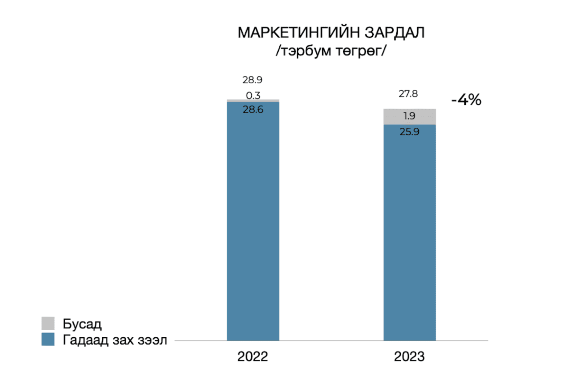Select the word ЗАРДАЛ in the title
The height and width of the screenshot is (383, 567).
(x=395, y=33)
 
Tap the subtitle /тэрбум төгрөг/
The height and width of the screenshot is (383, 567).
(x=331, y=51)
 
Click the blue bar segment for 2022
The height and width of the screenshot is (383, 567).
(x=253, y=222)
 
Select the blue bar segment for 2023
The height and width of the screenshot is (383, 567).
(x=409, y=232)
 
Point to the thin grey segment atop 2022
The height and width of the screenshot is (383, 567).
(x=253, y=101)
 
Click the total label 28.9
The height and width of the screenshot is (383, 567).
(x=252, y=80)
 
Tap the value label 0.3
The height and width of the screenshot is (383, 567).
(x=253, y=95)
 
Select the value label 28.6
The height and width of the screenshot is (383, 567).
(x=253, y=110)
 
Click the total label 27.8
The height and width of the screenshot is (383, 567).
(x=408, y=94)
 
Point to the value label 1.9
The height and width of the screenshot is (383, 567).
(x=409, y=116)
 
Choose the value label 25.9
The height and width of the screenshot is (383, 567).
(x=409, y=132)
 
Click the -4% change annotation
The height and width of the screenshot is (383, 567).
(x=466, y=100)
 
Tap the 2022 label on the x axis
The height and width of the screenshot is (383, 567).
(x=253, y=357)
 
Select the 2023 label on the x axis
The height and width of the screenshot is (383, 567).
(x=409, y=357)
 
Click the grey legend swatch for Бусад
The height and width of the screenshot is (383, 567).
(x=48, y=323)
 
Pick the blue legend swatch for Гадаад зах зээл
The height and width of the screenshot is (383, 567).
(x=48, y=339)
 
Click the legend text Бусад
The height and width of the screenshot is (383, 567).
(x=82, y=324)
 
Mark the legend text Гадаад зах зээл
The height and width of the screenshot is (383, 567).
(x=115, y=340)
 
